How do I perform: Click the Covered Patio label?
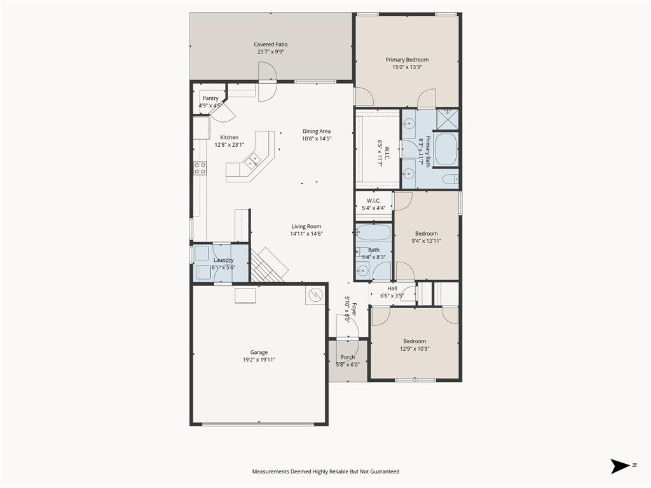pos(271,44)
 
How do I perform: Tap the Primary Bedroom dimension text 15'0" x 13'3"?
pos(407,67)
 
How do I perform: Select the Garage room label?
pos(259,352)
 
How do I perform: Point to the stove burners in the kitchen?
pos(200,168)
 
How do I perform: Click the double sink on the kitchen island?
pos(253,161)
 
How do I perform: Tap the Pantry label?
pos(210,98)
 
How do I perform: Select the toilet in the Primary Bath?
pos(449,179)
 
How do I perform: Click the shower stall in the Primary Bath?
pos(449,118)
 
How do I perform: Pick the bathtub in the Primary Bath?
pos(446,149)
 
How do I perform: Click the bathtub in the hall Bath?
pos(374,233)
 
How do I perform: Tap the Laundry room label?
pos(223,260)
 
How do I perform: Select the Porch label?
pos(348,357)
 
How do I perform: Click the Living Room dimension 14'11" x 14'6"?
pos(306,234)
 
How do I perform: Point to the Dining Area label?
pos(316,131)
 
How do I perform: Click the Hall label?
pos(392,288)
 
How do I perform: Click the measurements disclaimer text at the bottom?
pos(325,471)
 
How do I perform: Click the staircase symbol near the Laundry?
pos(267,264)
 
